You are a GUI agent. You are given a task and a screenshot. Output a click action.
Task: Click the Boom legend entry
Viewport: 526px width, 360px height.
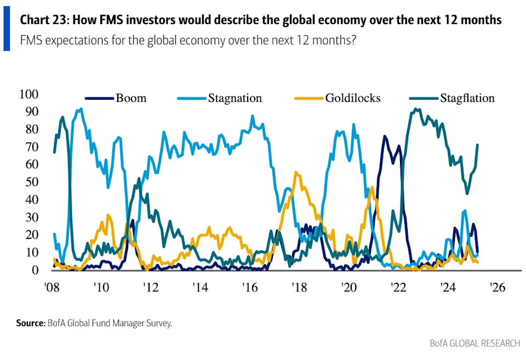[x=131, y=98]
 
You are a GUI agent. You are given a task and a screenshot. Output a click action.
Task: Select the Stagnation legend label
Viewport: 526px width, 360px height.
[x=235, y=98]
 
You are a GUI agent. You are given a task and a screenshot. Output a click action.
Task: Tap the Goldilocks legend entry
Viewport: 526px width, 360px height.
[x=352, y=98]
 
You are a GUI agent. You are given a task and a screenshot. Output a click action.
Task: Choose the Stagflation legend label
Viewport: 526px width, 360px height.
[x=467, y=98]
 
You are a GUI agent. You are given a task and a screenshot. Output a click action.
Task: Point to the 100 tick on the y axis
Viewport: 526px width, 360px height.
[x=29, y=94]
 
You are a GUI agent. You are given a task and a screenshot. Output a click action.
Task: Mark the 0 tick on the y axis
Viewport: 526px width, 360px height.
[x=36, y=270]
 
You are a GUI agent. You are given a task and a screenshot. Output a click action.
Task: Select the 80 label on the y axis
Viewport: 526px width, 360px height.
[x=32, y=129]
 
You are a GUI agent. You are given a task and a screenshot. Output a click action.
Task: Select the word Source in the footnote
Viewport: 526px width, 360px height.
[x=29, y=323]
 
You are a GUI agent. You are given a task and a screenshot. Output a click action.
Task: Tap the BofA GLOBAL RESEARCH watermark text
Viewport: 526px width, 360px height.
[x=474, y=343]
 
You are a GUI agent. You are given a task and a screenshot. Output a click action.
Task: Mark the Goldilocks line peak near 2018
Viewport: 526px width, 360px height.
[x=296, y=173]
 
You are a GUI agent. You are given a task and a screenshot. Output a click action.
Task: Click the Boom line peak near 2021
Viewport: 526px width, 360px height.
[x=385, y=136]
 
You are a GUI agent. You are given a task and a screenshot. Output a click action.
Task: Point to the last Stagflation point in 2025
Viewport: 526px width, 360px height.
[x=478, y=145]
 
